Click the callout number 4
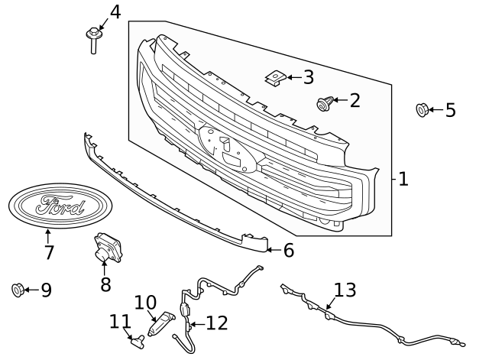[x=115, y=12]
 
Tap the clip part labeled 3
[x=275, y=77]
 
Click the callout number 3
[x=308, y=77]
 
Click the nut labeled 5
[x=421, y=110]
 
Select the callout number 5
[x=450, y=110]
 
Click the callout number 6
[x=288, y=249]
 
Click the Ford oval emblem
[x=57, y=206]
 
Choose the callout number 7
[x=48, y=252]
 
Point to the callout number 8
[x=105, y=284]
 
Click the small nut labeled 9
[x=18, y=290]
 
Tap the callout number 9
[x=46, y=290]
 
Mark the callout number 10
[x=145, y=303]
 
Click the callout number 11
[x=120, y=321]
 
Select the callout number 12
[x=216, y=323]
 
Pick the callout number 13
[x=345, y=290]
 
